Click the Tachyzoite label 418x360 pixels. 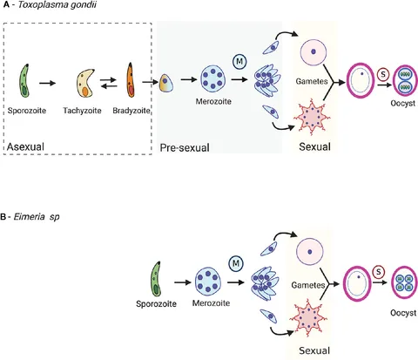pos(83,111)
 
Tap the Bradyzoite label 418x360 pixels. pos(131,111)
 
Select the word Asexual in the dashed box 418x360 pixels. pos(25,146)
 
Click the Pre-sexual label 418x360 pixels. pos(185,147)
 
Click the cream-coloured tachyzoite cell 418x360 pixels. pos(85,83)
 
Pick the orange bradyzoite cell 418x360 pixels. pos(131,80)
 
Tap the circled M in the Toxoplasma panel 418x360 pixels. pos(239,62)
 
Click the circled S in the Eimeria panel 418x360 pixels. pos(379,272)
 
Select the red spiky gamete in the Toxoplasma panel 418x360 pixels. pos(312,117)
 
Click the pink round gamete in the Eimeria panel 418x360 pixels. pos(310,251)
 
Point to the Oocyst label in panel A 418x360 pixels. pos(403,103)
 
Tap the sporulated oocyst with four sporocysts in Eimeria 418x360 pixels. pos(405,282)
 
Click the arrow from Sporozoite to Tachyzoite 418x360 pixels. pos(47,84)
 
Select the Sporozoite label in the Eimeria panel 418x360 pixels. pos(156,304)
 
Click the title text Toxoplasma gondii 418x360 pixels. pos(57,4)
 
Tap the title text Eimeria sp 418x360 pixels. pos(37,217)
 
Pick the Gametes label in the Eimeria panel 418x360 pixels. pos(308,285)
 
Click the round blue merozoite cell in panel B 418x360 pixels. pos(208,281)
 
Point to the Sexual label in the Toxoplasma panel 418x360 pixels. pos(314,146)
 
